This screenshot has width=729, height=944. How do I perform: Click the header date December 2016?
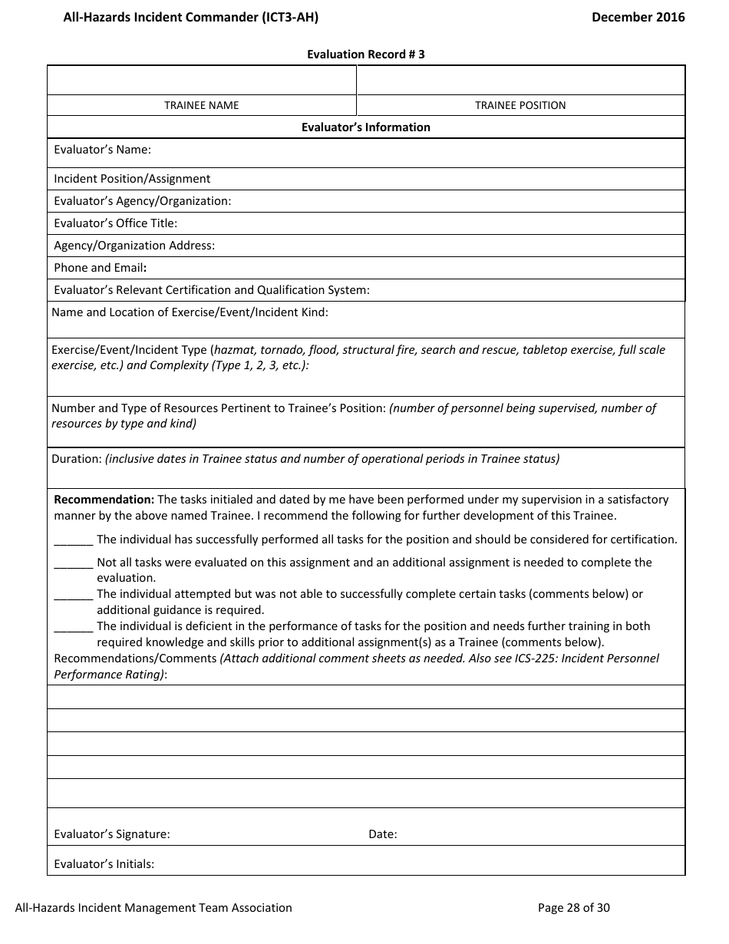(638, 17)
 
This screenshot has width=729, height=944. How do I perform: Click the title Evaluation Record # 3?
(365, 54)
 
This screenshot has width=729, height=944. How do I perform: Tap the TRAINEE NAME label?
(201, 105)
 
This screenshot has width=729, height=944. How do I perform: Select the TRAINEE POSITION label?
(520, 105)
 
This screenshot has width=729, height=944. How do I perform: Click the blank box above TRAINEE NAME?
(202, 80)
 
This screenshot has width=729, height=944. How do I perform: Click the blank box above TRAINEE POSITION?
(520, 80)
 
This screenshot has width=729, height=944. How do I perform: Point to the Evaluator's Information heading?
(365, 127)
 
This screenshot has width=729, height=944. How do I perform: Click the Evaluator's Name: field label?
(102, 150)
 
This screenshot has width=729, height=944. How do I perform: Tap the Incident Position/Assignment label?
(131, 179)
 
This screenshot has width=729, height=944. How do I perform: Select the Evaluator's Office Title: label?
(115, 223)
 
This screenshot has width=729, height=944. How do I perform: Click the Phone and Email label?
(100, 268)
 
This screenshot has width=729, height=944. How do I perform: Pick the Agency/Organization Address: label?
(134, 246)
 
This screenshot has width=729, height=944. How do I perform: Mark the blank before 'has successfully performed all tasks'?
(73, 540)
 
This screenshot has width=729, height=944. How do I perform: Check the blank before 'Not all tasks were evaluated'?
(73, 563)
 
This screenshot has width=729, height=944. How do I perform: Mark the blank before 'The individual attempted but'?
(73, 595)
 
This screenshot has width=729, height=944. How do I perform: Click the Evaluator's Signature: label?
(111, 834)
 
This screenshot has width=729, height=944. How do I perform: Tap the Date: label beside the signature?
(382, 834)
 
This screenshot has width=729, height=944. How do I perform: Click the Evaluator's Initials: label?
(104, 864)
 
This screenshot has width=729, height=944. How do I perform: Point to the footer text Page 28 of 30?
(573, 908)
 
